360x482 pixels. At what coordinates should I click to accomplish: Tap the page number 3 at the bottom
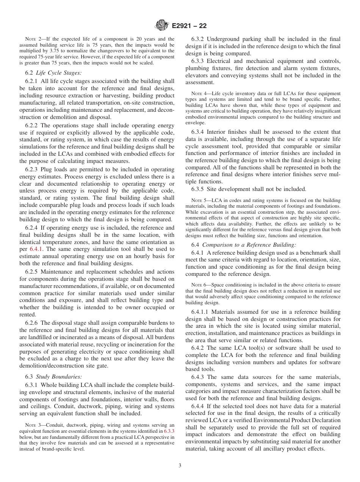pos(180,465)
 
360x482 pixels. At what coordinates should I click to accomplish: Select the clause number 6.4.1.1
pos(202,312)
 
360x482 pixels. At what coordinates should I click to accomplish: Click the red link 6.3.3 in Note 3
pos(168,431)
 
